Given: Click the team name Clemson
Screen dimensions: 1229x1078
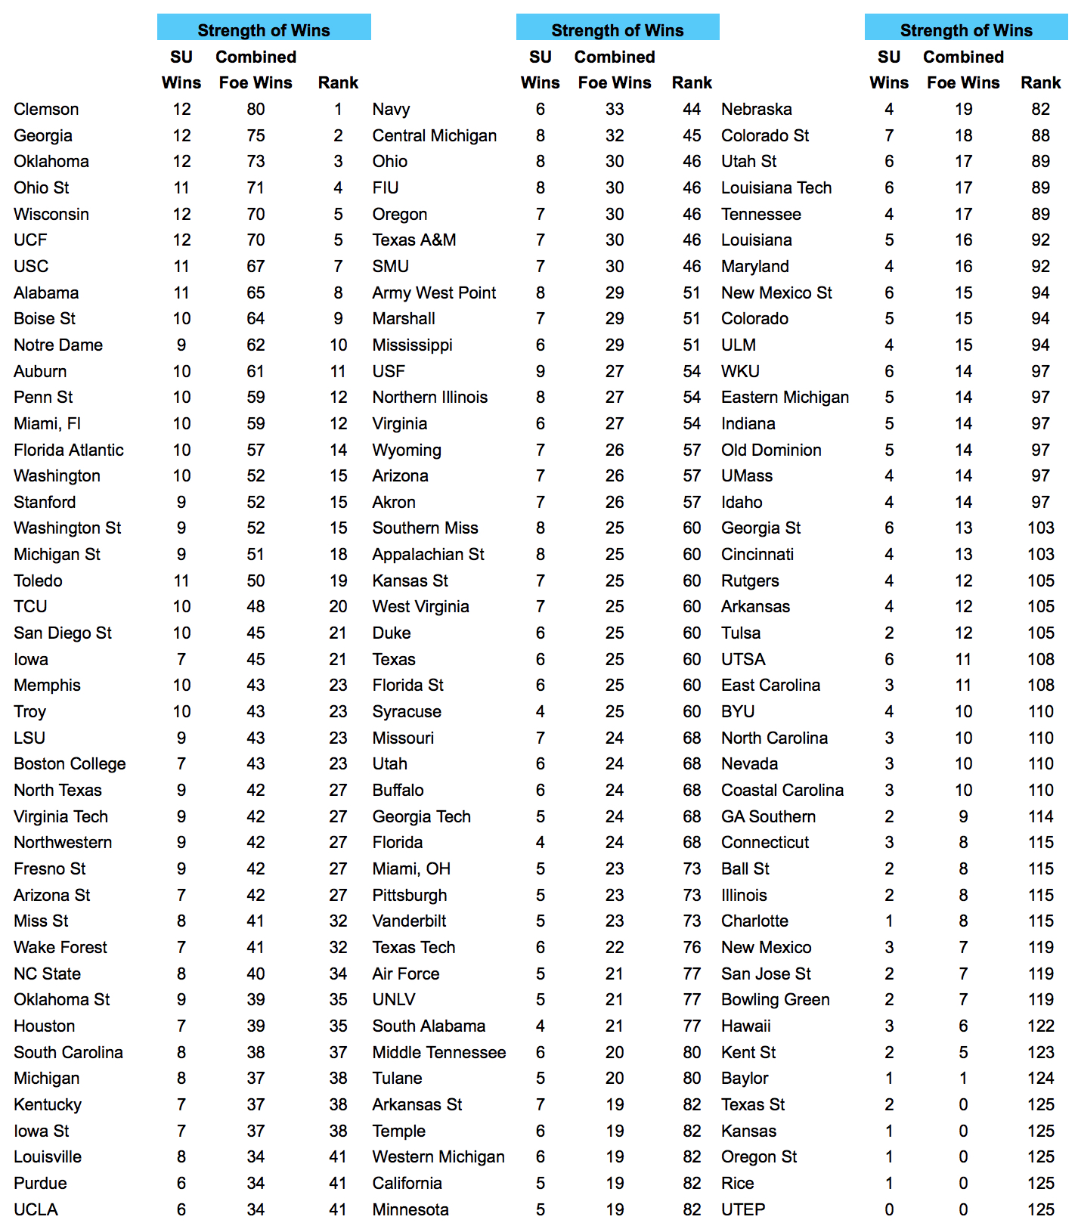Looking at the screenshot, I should pos(46,109).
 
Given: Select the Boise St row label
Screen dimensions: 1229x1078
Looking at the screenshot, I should pos(45,318).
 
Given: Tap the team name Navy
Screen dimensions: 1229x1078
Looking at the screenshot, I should pos(391,109).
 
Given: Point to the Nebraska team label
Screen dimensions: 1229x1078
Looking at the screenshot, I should pos(756,109).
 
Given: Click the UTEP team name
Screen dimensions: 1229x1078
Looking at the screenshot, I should pos(742,1209).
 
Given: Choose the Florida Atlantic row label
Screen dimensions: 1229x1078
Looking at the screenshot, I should pos(68,450).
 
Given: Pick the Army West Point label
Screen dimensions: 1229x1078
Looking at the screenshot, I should pos(434,293).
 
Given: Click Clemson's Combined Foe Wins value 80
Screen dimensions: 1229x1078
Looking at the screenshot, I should pos(256,109).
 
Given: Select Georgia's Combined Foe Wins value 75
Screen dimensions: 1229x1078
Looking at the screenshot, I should pos(256,135).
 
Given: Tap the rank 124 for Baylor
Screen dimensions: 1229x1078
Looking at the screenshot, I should pos(1040,1078).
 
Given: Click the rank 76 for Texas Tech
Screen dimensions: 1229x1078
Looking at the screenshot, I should pos(692,947).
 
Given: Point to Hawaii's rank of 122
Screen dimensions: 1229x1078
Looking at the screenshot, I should pos(1040,1026).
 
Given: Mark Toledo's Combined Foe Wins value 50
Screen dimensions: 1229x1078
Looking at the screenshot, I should pos(256,580).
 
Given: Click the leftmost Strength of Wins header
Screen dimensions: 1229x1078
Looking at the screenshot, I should pos(263,29).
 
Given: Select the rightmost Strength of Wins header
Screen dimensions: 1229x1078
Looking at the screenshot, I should pos(965,29).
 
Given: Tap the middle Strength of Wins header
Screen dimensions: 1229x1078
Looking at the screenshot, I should pos(617,29).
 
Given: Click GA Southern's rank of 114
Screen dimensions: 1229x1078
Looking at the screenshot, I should pos(1040,816).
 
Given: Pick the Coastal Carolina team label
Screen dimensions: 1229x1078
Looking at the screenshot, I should pos(782,790).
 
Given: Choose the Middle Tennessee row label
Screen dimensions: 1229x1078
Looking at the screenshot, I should pos(438,1052).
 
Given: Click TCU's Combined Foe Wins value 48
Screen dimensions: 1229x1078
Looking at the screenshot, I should pos(256,606).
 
